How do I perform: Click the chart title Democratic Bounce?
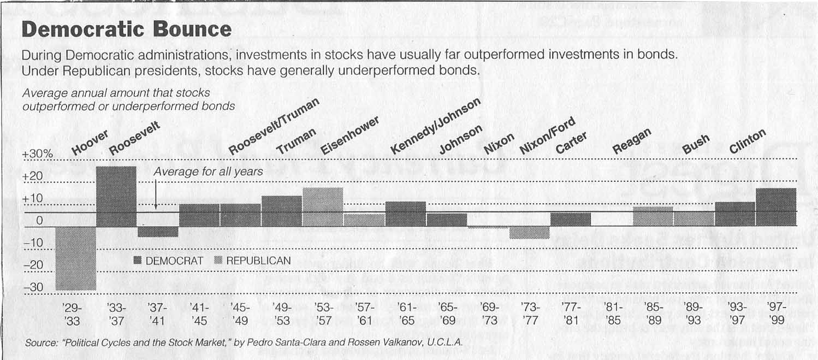[x=126, y=30]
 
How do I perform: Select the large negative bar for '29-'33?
[x=75, y=258]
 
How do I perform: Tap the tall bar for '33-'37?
[x=116, y=196]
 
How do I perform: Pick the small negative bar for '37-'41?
[x=158, y=232]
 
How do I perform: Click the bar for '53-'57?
[x=323, y=206]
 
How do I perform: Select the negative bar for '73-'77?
[x=529, y=233]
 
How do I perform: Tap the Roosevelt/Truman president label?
[x=273, y=127]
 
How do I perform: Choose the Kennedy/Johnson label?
[x=436, y=126]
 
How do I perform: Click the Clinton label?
[x=748, y=141]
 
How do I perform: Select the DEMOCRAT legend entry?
[x=168, y=261]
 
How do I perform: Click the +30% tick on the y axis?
[x=37, y=155]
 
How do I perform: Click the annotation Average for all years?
[x=208, y=172]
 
